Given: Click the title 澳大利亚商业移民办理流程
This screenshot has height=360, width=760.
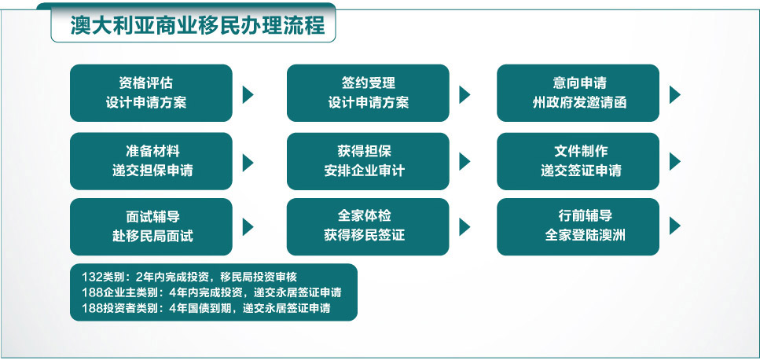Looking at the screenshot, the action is click(x=198, y=26).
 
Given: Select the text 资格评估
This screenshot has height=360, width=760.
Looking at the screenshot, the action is click(x=146, y=83).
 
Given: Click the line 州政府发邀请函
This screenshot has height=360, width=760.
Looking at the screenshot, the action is click(x=580, y=103).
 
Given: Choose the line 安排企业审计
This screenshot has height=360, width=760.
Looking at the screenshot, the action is click(x=365, y=171).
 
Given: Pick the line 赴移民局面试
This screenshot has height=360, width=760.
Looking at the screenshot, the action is click(x=152, y=236).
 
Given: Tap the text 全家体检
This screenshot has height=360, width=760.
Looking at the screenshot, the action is click(x=365, y=215).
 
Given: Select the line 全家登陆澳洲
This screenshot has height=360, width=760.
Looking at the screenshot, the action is click(x=585, y=236).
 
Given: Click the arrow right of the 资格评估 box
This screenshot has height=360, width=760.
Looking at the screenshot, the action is click(x=248, y=94).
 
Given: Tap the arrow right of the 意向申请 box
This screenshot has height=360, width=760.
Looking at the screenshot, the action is click(x=675, y=94).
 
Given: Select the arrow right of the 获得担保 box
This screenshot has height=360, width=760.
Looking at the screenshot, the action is click(x=464, y=162).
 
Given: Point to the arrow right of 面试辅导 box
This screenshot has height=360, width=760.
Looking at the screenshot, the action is click(x=248, y=226).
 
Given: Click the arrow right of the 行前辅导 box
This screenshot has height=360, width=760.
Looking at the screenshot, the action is click(x=675, y=226).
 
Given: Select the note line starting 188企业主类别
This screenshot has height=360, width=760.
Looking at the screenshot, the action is click(x=212, y=292).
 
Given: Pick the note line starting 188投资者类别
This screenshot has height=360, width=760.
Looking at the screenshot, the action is click(x=207, y=307).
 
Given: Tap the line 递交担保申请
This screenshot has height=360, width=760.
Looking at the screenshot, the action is click(x=152, y=171).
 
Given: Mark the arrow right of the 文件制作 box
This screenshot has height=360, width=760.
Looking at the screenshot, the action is click(x=675, y=162).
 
